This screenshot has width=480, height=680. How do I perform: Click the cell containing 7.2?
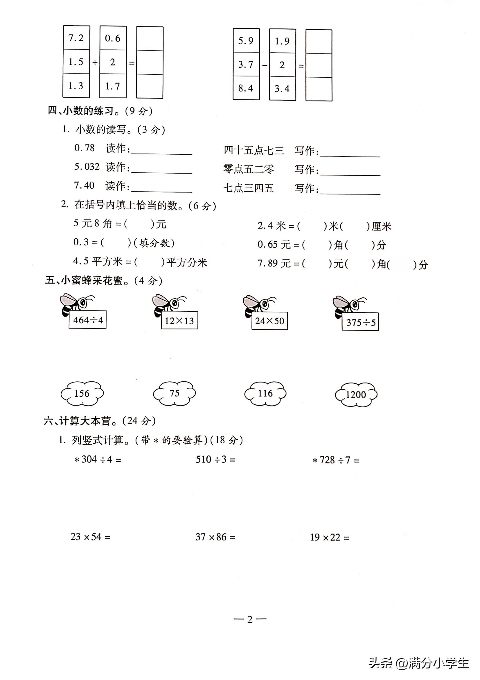coord(76,38)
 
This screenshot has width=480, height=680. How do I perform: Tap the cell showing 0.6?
coord(113,38)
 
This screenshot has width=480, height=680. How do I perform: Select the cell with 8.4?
coord(246,88)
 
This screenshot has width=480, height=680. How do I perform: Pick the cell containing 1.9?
coord(282,41)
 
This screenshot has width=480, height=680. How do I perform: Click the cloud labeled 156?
coord(82,394)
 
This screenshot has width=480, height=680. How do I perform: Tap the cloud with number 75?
coord(175,393)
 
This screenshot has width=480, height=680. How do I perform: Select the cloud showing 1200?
coord(356,395)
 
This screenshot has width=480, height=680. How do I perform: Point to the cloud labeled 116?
coord(265,393)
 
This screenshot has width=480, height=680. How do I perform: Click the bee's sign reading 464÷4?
coord(88,320)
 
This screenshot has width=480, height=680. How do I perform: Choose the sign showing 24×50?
coord(269,321)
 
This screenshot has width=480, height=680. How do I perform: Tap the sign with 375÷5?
coord(361,322)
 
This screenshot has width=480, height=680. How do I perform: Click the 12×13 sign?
coord(179,320)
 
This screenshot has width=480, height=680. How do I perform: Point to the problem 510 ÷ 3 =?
coord(215,459)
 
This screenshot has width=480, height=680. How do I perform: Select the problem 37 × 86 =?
coord(215,537)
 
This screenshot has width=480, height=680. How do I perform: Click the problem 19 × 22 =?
coord(330,537)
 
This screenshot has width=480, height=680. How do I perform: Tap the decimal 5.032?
coord(87,167)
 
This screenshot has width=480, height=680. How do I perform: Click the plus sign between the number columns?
coord(95,63)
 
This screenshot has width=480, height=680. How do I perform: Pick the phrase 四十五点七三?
coord(254,151)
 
